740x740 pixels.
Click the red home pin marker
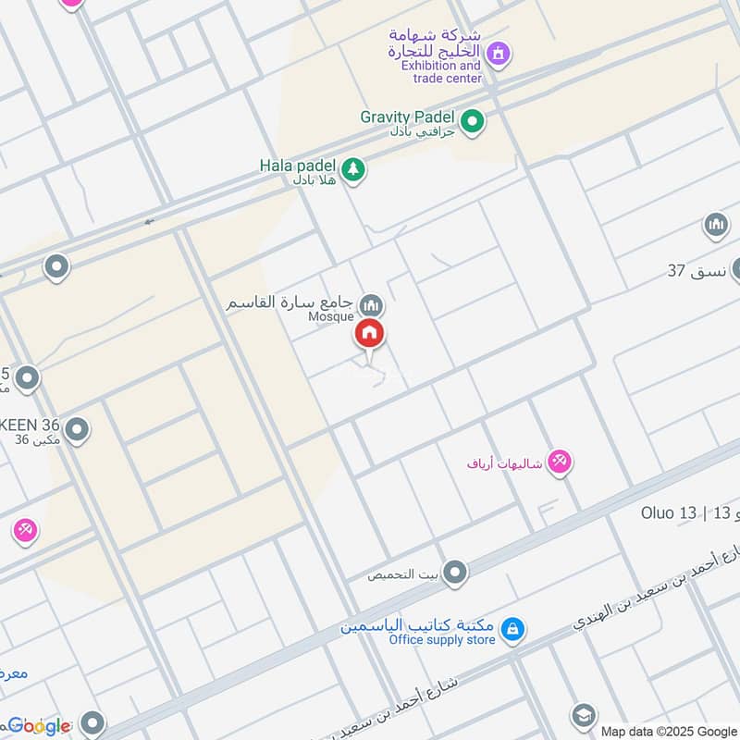pos(370,334)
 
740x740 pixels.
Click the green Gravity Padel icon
pos(473,122)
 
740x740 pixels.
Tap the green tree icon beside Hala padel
pos(351,169)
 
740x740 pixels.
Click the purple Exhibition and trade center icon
pos(499,55)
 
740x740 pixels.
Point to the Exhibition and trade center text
pos(441,72)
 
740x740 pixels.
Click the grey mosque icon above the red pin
pos(371,303)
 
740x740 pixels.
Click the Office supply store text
pos(442,640)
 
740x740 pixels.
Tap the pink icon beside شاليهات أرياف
pos(559,461)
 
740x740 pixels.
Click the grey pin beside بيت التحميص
pos(454,574)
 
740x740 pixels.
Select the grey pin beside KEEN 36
pos(77,429)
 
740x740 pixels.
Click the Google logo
pos(39,725)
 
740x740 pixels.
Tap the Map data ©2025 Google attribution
pos(666,730)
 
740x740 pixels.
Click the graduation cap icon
pos(583,715)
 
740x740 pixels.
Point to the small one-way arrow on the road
pos(150,221)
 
